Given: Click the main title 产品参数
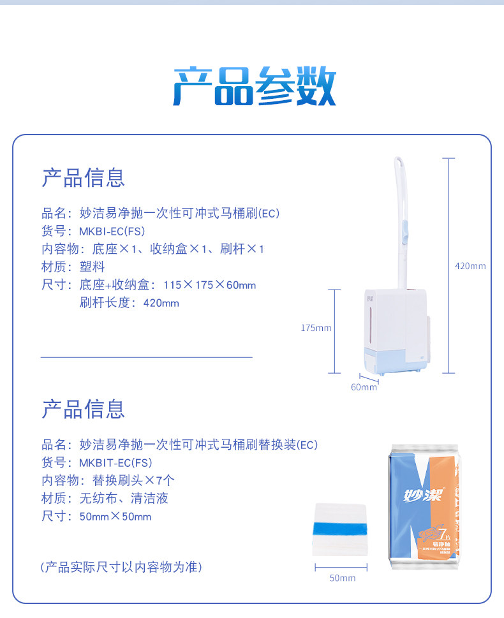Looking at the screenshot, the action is pos(255,87).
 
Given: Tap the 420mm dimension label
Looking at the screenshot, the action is pos(470,266).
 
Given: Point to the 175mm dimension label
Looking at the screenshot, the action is pos(316,328).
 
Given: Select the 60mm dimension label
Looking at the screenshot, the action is pos(364,387).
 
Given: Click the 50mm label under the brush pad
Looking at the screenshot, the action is pos(342,578).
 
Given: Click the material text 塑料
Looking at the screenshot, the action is pos(93,267).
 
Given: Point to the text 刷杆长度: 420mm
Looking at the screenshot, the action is pos(130,303).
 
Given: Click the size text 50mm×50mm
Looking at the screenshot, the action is pos(115,517).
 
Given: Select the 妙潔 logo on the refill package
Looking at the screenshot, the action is pos(423,494).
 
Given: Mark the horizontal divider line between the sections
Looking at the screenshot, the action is pos(147,358).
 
